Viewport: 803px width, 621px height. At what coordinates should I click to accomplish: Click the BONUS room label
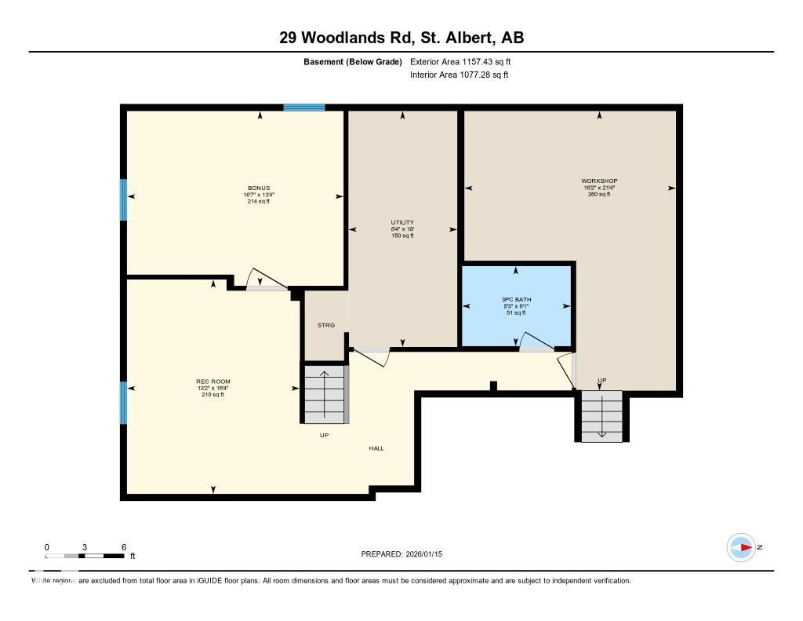click(x=259, y=188)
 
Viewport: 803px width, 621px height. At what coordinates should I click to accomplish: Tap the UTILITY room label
click(x=402, y=222)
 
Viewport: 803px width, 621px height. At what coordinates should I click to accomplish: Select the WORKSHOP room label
click(x=599, y=181)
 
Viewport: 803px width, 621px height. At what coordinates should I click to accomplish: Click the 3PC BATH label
click(x=515, y=300)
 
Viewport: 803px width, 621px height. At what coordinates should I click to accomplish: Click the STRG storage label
click(x=325, y=325)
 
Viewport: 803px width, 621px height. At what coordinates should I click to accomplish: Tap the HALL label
click(x=376, y=448)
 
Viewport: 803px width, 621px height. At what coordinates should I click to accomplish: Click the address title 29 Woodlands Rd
click(x=401, y=37)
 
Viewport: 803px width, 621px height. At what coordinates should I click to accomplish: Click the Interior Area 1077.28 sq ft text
click(x=460, y=75)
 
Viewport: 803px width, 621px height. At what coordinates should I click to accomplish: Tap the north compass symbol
click(x=741, y=547)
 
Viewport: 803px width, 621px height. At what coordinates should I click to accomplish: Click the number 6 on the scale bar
click(x=124, y=547)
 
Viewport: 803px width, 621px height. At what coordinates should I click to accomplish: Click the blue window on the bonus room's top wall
click(x=303, y=107)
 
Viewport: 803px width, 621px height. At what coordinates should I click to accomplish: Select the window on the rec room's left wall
click(x=122, y=403)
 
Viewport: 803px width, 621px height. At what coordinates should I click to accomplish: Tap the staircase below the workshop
click(x=601, y=415)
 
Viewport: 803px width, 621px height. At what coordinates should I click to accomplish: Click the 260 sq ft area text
click(x=599, y=195)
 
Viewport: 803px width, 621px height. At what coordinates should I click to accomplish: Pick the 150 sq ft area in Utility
click(x=402, y=236)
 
